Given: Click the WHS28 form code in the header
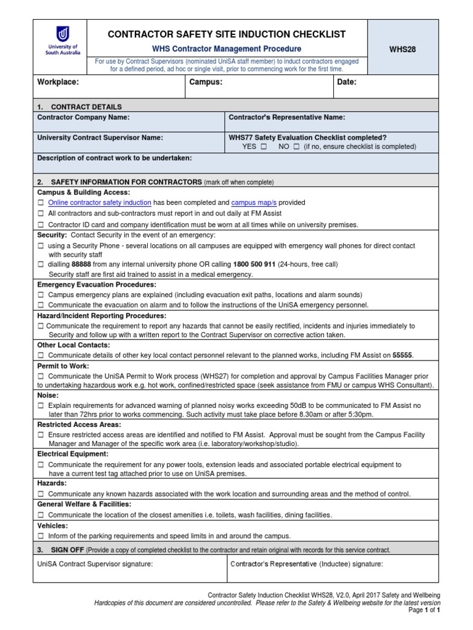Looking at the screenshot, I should (x=402, y=49).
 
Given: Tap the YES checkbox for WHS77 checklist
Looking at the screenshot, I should (x=264, y=147).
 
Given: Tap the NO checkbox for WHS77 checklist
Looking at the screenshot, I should (x=296, y=147).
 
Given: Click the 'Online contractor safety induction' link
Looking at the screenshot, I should (x=99, y=202).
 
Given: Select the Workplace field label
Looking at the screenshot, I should (x=59, y=82).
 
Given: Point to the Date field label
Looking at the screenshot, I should (x=347, y=82).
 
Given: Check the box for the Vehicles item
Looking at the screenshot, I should (x=41, y=536).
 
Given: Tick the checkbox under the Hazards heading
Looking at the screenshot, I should (x=41, y=494).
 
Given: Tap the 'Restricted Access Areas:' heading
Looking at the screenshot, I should (x=79, y=425).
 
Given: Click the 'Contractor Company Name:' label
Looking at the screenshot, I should (x=83, y=118).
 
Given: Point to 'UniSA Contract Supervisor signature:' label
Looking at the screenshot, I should (x=95, y=564).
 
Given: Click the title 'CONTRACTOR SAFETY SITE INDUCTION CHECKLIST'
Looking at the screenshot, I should (x=227, y=34).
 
